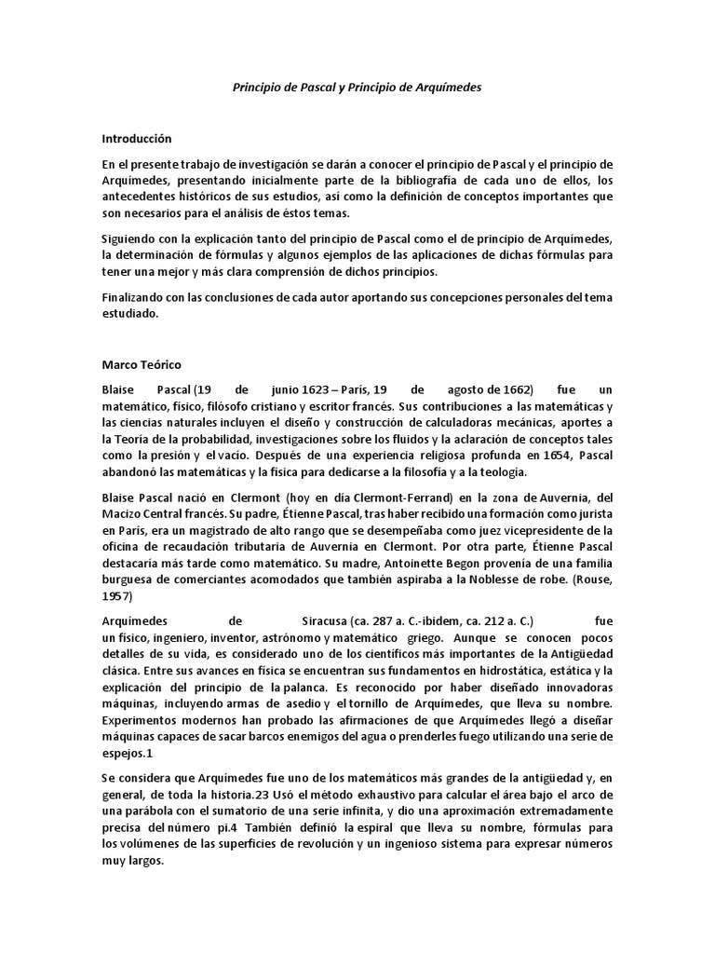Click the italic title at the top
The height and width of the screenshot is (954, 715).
[x=357, y=87]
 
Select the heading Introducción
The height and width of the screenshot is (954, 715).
[x=138, y=138]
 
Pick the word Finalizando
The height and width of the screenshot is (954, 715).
[x=134, y=297]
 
